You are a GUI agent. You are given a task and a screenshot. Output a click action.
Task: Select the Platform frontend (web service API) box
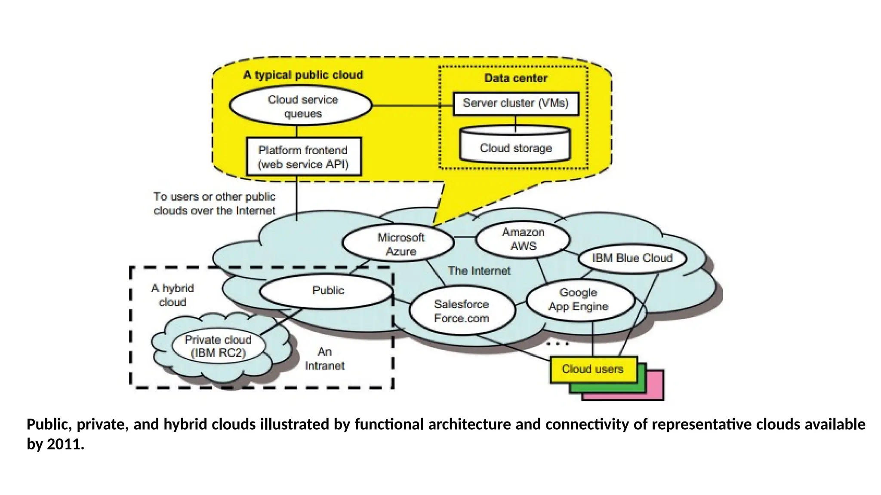click(303, 156)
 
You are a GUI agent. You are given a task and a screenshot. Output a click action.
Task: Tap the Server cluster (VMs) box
click(515, 103)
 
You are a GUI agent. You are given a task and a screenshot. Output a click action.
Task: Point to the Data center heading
click(515, 78)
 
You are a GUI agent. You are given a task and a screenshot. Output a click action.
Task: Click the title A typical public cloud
click(303, 75)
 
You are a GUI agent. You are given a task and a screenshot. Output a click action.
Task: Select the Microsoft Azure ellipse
click(399, 244)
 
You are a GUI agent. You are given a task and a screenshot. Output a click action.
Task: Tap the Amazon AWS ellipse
click(523, 239)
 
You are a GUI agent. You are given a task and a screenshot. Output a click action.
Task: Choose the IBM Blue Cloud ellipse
click(631, 258)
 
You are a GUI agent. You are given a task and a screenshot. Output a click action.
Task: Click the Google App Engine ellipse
click(579, 299)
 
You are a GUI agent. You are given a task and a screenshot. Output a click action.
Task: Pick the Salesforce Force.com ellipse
click(462, 311)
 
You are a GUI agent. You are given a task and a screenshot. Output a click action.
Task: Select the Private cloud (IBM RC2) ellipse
click(218, 346)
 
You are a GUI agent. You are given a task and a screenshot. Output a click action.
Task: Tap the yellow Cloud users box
click(593, 369)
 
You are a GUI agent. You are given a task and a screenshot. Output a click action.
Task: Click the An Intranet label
click(324, 359)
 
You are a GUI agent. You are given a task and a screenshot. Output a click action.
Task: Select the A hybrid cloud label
click(172, 295)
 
